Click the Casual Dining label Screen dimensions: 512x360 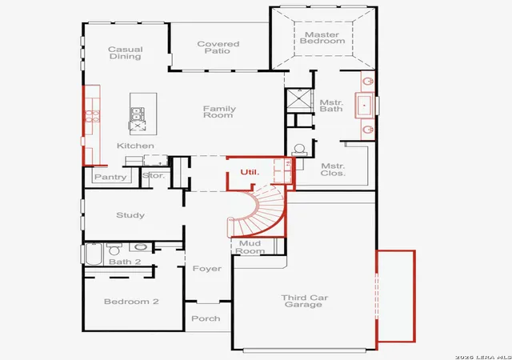126,53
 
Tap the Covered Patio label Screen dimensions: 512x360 218,47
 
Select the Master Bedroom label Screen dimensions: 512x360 322,38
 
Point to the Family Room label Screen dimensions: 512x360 219,112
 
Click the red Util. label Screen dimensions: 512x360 250,172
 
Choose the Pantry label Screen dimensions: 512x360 110,177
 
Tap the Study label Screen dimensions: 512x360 130,215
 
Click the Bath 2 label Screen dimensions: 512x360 125,262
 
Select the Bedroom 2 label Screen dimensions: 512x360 131,302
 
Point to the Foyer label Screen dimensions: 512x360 207,269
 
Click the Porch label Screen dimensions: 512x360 206,318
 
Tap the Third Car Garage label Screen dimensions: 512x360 304,301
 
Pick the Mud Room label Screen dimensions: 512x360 250,247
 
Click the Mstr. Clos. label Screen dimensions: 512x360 333,170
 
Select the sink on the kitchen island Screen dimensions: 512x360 137,114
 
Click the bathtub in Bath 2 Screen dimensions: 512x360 94,254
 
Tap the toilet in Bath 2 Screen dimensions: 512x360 114,249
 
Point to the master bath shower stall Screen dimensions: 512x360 298,100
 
